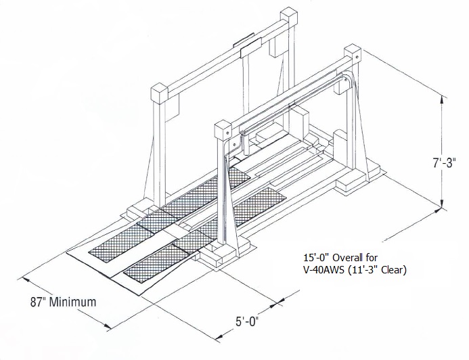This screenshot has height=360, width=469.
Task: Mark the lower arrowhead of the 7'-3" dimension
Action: pyautogui.click(x=443, y=205)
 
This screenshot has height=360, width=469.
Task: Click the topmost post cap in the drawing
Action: pyautogui.click(x=290, y=16)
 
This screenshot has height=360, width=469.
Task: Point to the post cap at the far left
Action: pyautogui.click(x=160, y=91)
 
